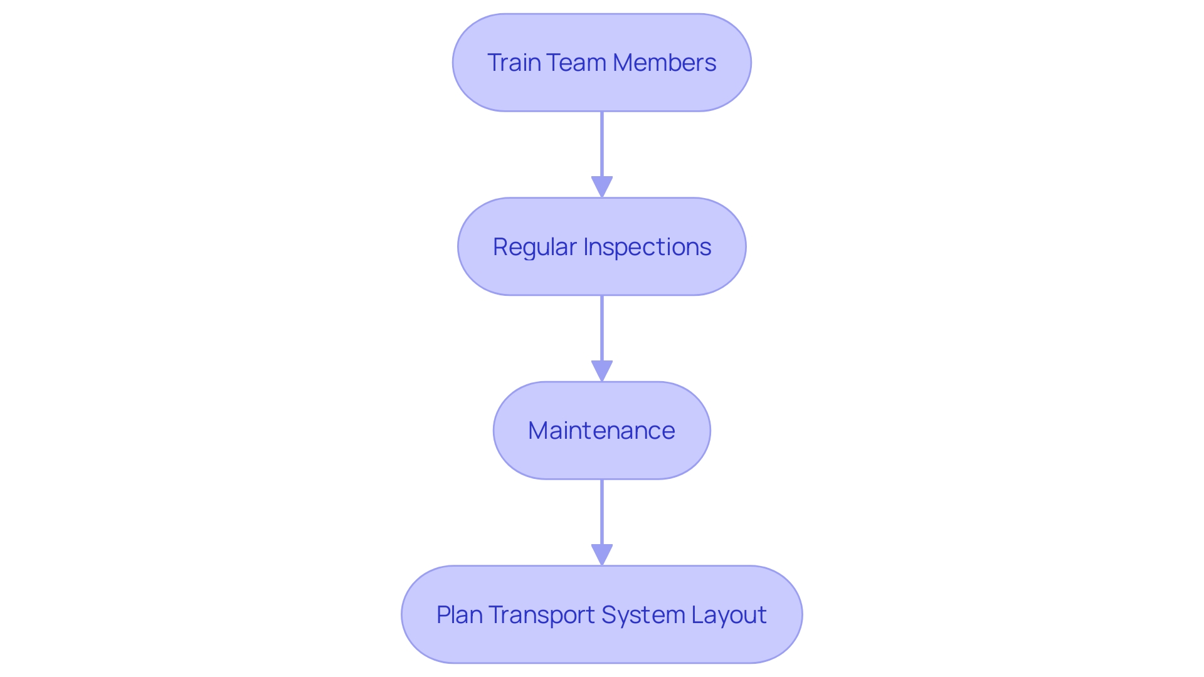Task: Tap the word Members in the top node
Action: click(x=664, y=63)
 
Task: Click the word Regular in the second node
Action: click(x=534, y=247)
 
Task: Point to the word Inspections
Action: click(x=647, y=247)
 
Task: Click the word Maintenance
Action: click(x=601, y=431)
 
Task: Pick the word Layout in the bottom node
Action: click(x=729, y=615)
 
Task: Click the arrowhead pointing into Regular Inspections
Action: click(x=602, y=187)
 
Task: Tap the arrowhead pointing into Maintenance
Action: click(x=602, y=370)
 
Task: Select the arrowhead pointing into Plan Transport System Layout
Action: click(x=602, y=555)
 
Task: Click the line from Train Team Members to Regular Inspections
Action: click(x=602, y=144)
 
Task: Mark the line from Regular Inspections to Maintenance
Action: click(x=602, y=328)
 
